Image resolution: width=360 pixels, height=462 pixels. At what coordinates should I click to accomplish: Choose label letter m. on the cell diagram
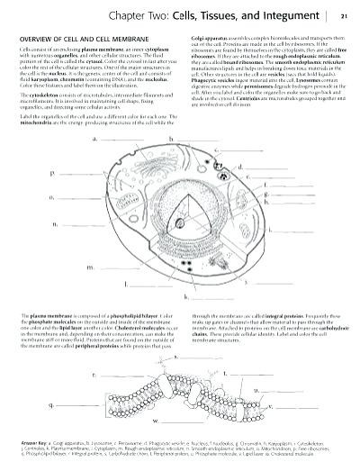click(89, 267)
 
